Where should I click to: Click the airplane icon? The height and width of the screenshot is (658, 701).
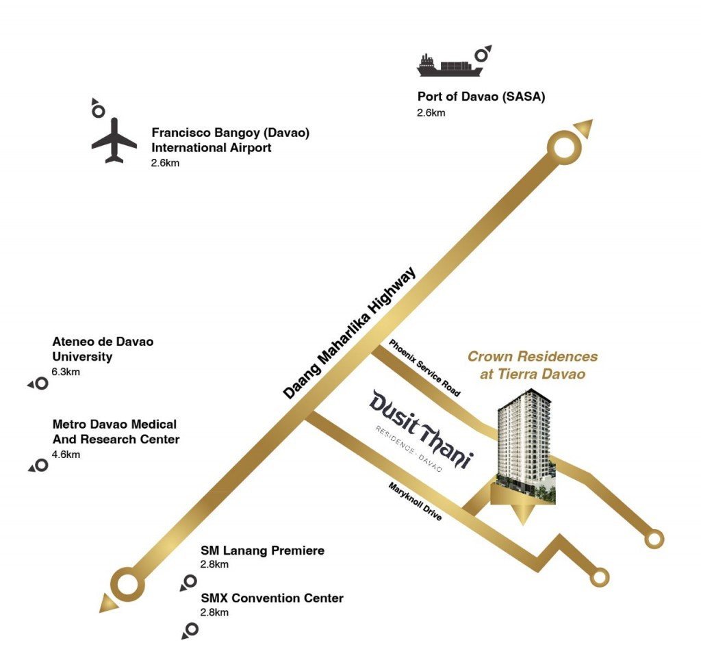pos(114,140)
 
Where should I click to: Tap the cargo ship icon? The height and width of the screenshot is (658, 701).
pos(450,65)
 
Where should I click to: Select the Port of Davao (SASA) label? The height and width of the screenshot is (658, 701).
pos(481,97)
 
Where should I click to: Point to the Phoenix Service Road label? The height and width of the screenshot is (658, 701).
pos(424,368)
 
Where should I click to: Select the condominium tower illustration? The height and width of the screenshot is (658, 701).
pos(525,452)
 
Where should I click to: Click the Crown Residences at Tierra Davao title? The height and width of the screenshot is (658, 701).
pos(532,365)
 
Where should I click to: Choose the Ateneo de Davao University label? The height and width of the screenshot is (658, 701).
pos(103,349)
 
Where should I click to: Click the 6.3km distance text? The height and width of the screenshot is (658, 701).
pos(66,372)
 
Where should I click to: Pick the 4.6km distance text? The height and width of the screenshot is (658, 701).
pos(66,454)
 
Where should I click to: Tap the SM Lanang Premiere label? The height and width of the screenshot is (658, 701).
pos(262,551)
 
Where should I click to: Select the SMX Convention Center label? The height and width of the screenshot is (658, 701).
pos(272,598)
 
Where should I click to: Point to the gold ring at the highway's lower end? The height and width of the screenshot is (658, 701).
pos(128,584)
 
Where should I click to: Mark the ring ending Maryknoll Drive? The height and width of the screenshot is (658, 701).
pos(600,577)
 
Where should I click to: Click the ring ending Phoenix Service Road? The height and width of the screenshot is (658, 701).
pos(654,539)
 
